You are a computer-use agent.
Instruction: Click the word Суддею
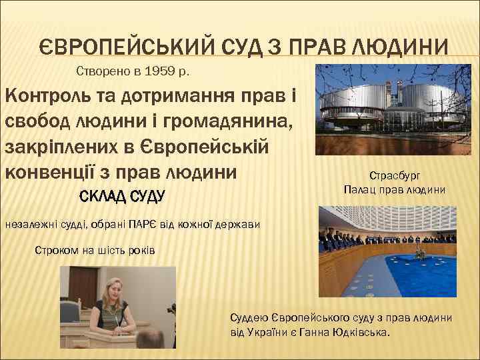point(247,317)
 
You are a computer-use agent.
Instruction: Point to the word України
point(263,331)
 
